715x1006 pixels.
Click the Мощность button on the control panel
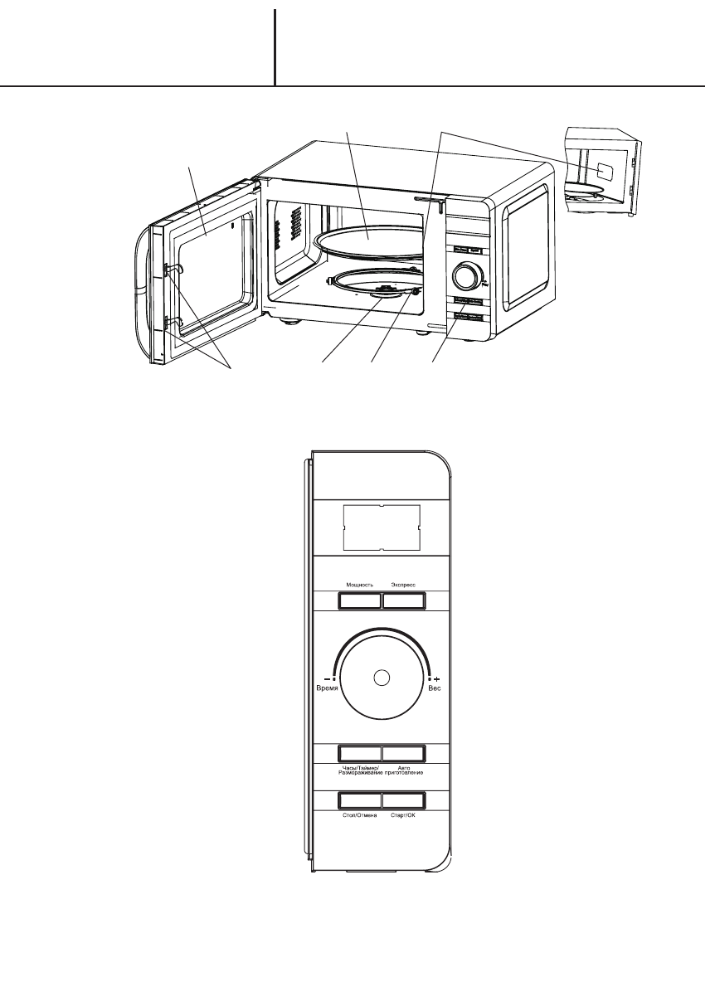(359, 600)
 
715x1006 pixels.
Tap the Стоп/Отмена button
(359, 800)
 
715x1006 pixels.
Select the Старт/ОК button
(404, 800)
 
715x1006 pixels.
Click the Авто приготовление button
(404, 753)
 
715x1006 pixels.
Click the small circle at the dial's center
(382, 678)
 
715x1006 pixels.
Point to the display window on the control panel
(382, 527)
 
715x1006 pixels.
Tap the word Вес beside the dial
(433, 689)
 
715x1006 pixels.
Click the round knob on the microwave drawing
(467, 275)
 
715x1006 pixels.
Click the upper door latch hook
(169, 267)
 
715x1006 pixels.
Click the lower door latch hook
(169, 320)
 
